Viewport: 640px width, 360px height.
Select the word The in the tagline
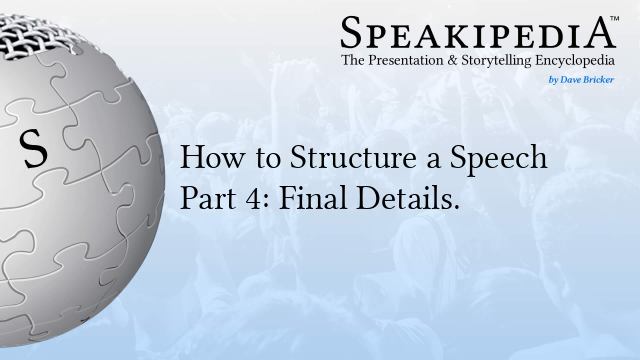tap(356, 62)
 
